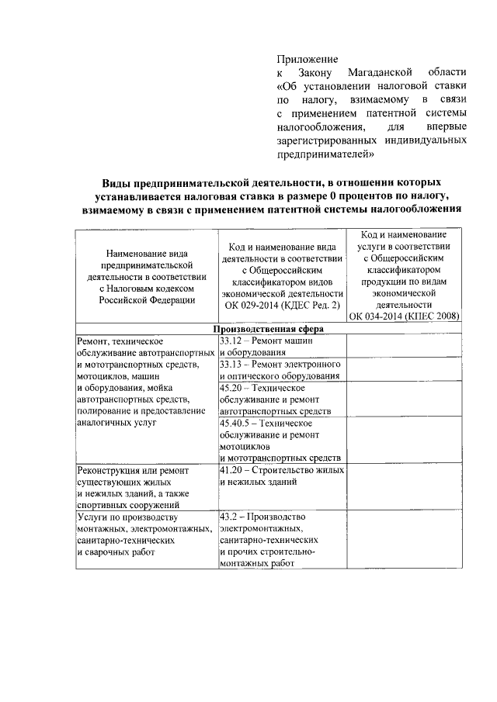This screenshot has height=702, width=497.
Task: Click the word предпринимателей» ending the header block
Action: [x=325, y=154]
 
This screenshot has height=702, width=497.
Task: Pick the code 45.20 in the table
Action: [x=231, y=387]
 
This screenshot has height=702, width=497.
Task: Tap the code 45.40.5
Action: [x=235, y=423]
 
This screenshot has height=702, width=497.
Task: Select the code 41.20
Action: [x=231, y=470]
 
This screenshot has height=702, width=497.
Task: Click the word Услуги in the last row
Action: [x=93, y=517]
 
